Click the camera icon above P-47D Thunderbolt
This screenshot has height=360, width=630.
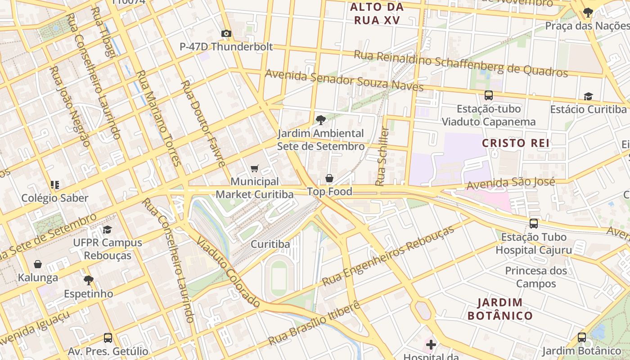tap(226, 34)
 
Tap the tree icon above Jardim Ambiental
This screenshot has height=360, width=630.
tap(321, 120)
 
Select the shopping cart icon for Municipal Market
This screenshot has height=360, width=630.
tap(255, 169)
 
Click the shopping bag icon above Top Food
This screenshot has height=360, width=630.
tap(329, 179)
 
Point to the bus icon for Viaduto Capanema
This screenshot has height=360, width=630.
tap(488, 95)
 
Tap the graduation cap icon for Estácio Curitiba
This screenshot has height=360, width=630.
tap(588, 96)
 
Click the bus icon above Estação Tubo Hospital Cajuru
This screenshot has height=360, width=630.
tap(534, 224)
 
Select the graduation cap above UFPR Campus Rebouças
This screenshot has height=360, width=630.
tap(107, 229)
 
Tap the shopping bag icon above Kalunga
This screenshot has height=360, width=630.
tap(38, 265)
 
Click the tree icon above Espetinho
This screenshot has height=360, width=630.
tap(88, 280)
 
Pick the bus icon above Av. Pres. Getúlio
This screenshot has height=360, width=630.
tap(108, 338)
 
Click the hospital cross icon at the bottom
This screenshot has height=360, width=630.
tap(431, 345)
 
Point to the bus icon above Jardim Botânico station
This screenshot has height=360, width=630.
tap(582, 337)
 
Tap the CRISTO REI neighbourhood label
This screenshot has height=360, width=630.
tap(516, 143)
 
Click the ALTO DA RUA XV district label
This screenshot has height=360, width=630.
tap(377, 13)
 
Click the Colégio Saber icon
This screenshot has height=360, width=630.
tap(55, 184)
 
